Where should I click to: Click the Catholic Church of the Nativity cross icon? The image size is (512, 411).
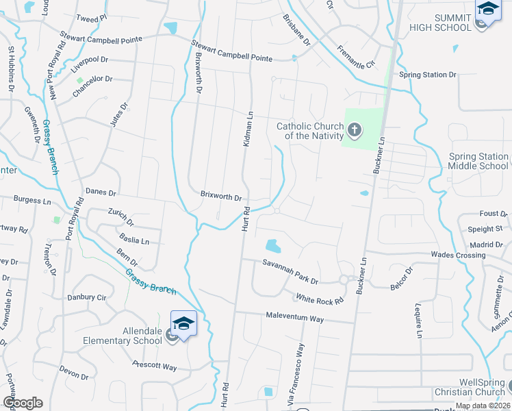click(355, 129)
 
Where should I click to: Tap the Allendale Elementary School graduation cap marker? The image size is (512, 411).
click(183, 323)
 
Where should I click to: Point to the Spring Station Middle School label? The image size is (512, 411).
click(478, 161)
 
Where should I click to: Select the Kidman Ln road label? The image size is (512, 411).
click(248, 129)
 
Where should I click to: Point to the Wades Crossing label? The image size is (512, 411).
click(458, 256)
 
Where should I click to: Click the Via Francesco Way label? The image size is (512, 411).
click(299, 373)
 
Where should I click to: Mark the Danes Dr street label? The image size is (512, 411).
click(101, 192)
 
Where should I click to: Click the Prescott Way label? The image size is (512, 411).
click(155, 366)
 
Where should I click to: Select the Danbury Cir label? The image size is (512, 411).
click(87, 298)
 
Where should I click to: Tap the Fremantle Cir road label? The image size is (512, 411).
click(356, 56)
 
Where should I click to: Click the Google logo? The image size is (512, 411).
click(23, 403)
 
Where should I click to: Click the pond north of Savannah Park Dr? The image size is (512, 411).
click(272, 245)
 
